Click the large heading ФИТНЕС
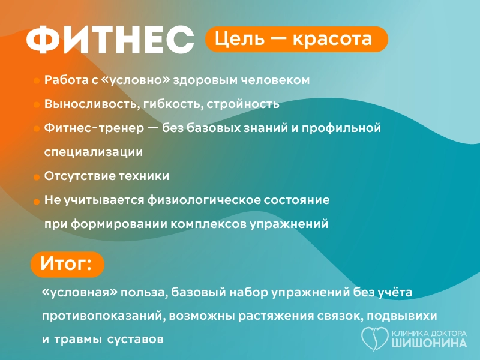point(110,41)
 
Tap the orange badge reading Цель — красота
point(296,39)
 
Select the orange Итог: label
point(67,264)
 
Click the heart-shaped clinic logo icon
point(374,339)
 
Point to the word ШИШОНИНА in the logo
point(428,344)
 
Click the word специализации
point(93,152)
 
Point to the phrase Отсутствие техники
point(106,176)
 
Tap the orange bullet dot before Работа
point(37,80)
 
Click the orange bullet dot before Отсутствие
point(37,177)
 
